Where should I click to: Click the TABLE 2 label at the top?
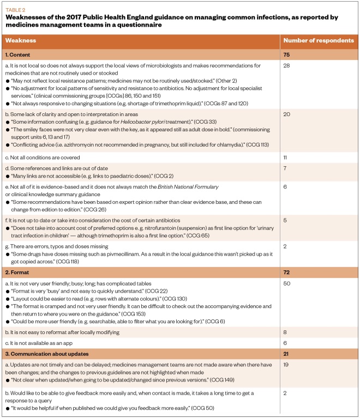point(15,9)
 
